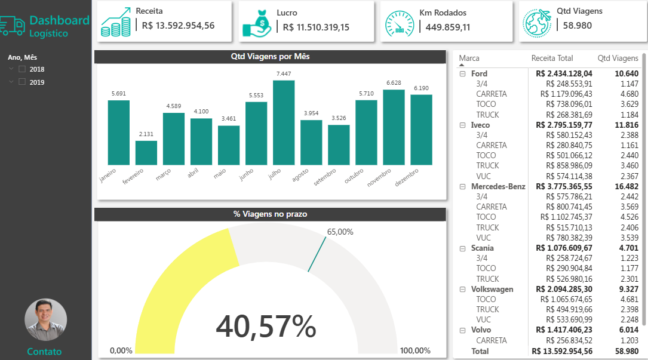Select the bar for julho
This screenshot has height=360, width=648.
click(284, 122)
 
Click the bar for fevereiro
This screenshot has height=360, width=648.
click(146, 153)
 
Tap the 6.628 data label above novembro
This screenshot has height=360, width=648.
click(394, 83)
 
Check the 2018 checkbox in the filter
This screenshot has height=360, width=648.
click(22, 69)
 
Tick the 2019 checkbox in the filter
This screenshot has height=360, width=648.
click(22, 82)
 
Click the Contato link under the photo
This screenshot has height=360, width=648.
click(44, 352)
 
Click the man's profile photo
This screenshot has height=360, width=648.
click(45, 320)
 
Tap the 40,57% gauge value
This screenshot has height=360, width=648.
click(266, 327)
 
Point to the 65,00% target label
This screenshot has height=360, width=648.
click(340, 232)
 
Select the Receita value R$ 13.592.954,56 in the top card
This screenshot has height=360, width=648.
click(178, 26)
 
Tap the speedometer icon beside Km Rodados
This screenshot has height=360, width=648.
click(398, 23)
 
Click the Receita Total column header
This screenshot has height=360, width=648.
click(552, 59)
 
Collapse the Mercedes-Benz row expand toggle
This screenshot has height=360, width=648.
click(462, 186)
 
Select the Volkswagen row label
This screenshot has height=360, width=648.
click(492, 289)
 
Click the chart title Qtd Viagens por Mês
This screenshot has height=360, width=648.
click(270, 57)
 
